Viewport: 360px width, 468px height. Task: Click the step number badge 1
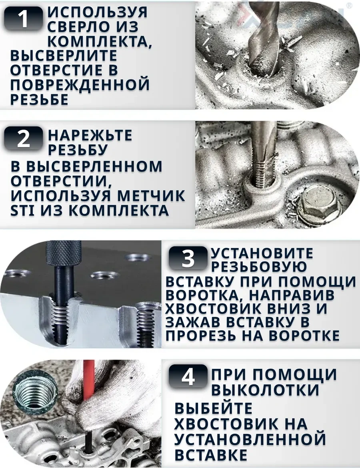(23, 18)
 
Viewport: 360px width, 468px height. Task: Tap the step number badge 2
(23, 138)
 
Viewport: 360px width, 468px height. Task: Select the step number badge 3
(188, 258)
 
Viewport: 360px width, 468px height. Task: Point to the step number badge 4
(188, 376)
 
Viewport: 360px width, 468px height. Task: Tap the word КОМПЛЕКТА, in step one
(100, 41)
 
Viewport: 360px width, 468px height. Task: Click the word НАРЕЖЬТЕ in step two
(90, 135)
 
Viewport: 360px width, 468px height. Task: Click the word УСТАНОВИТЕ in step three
(262, 253)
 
